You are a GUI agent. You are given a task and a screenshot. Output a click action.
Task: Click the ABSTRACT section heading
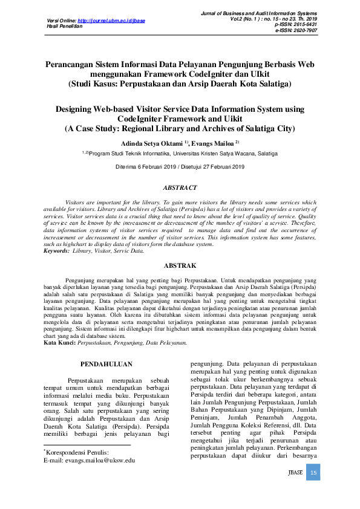coord(179,188)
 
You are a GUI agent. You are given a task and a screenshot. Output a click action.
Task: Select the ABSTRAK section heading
coord(180,265)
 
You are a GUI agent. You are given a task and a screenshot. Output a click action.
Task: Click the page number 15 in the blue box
coord(313,473)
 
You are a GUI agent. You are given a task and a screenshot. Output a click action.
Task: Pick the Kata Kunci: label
coord(60,343)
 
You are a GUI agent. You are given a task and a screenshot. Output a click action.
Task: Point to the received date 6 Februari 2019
coord(151,166)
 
